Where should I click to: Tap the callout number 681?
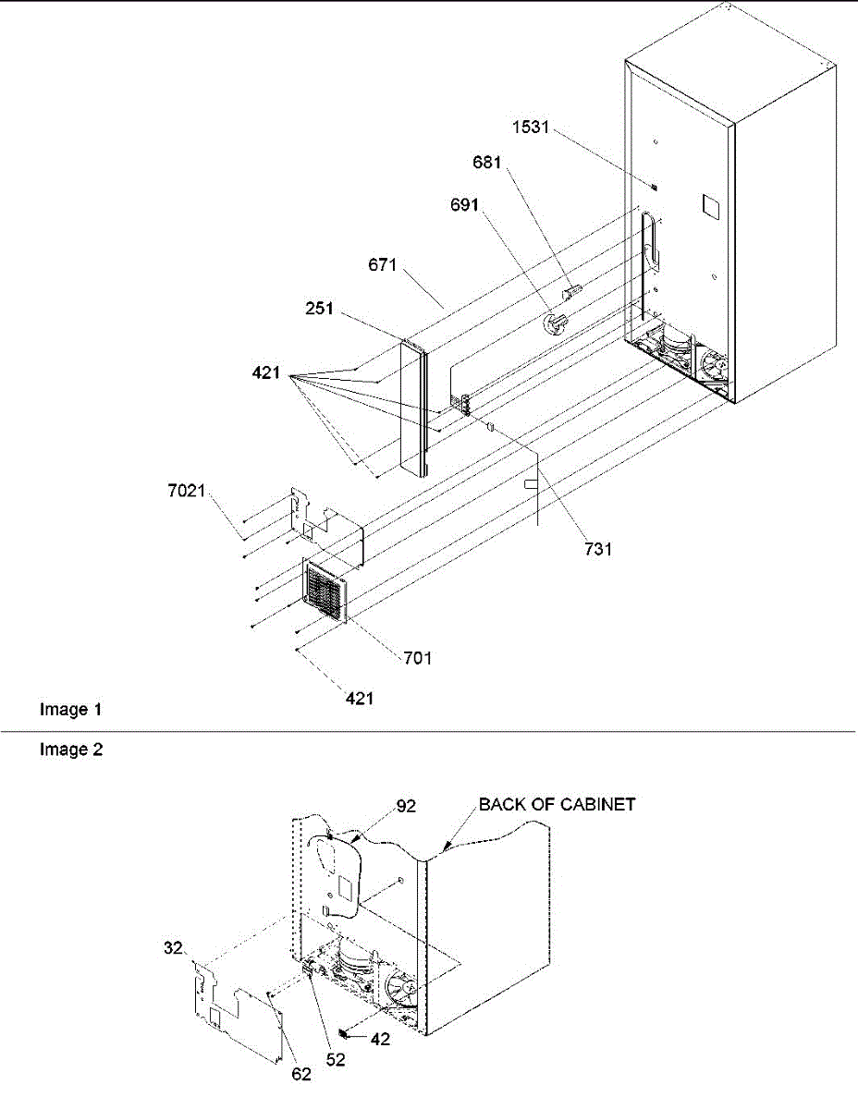tap(486, 164)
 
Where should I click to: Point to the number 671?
tap(383, 266)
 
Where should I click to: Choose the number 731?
tap(597, 549)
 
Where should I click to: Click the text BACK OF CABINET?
tap(557, 804)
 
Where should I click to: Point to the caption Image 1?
tap(70, 711)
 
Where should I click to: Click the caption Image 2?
tap(70, 750)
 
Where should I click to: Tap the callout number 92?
tap(407, 806)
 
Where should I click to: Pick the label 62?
tap(301, 1074)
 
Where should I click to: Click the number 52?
tap(335, 1060)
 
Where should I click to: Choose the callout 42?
tap(379, 1038)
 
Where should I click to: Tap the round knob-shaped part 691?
tap(555, 323)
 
